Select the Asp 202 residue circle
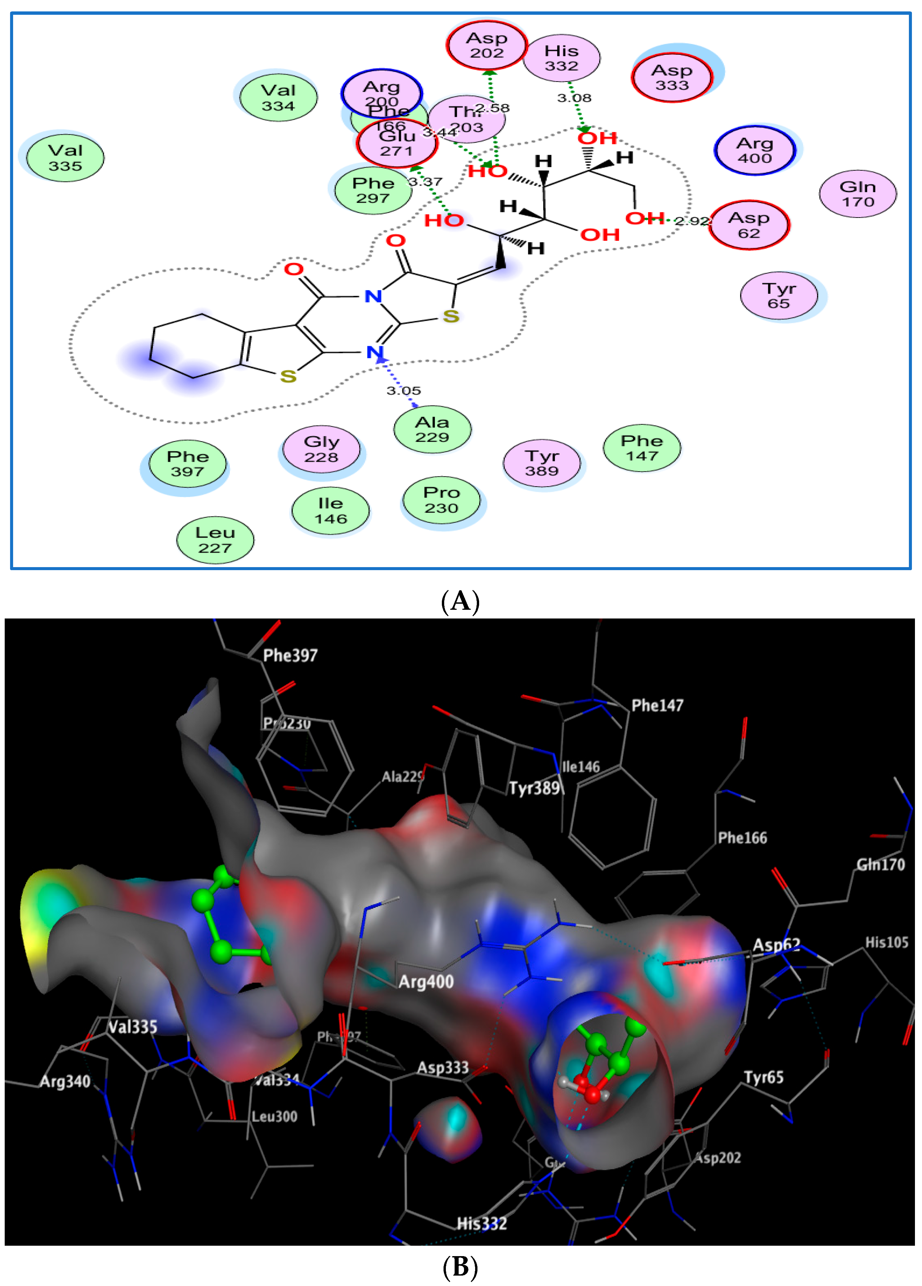click(487, 45)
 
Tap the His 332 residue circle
click(561, 58)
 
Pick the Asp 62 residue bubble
click(749, 225)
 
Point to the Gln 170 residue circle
click(857, 194)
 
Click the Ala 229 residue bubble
click(432, 429)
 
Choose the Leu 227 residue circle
click(215, 540)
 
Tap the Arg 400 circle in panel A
click(755, 150)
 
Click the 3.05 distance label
click(404, 391)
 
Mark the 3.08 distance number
click(574, 98)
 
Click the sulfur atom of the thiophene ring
click(288, 376)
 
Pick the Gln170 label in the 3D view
click(881, 864)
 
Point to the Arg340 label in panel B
click(65, 1081)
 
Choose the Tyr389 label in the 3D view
click(535, 788)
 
